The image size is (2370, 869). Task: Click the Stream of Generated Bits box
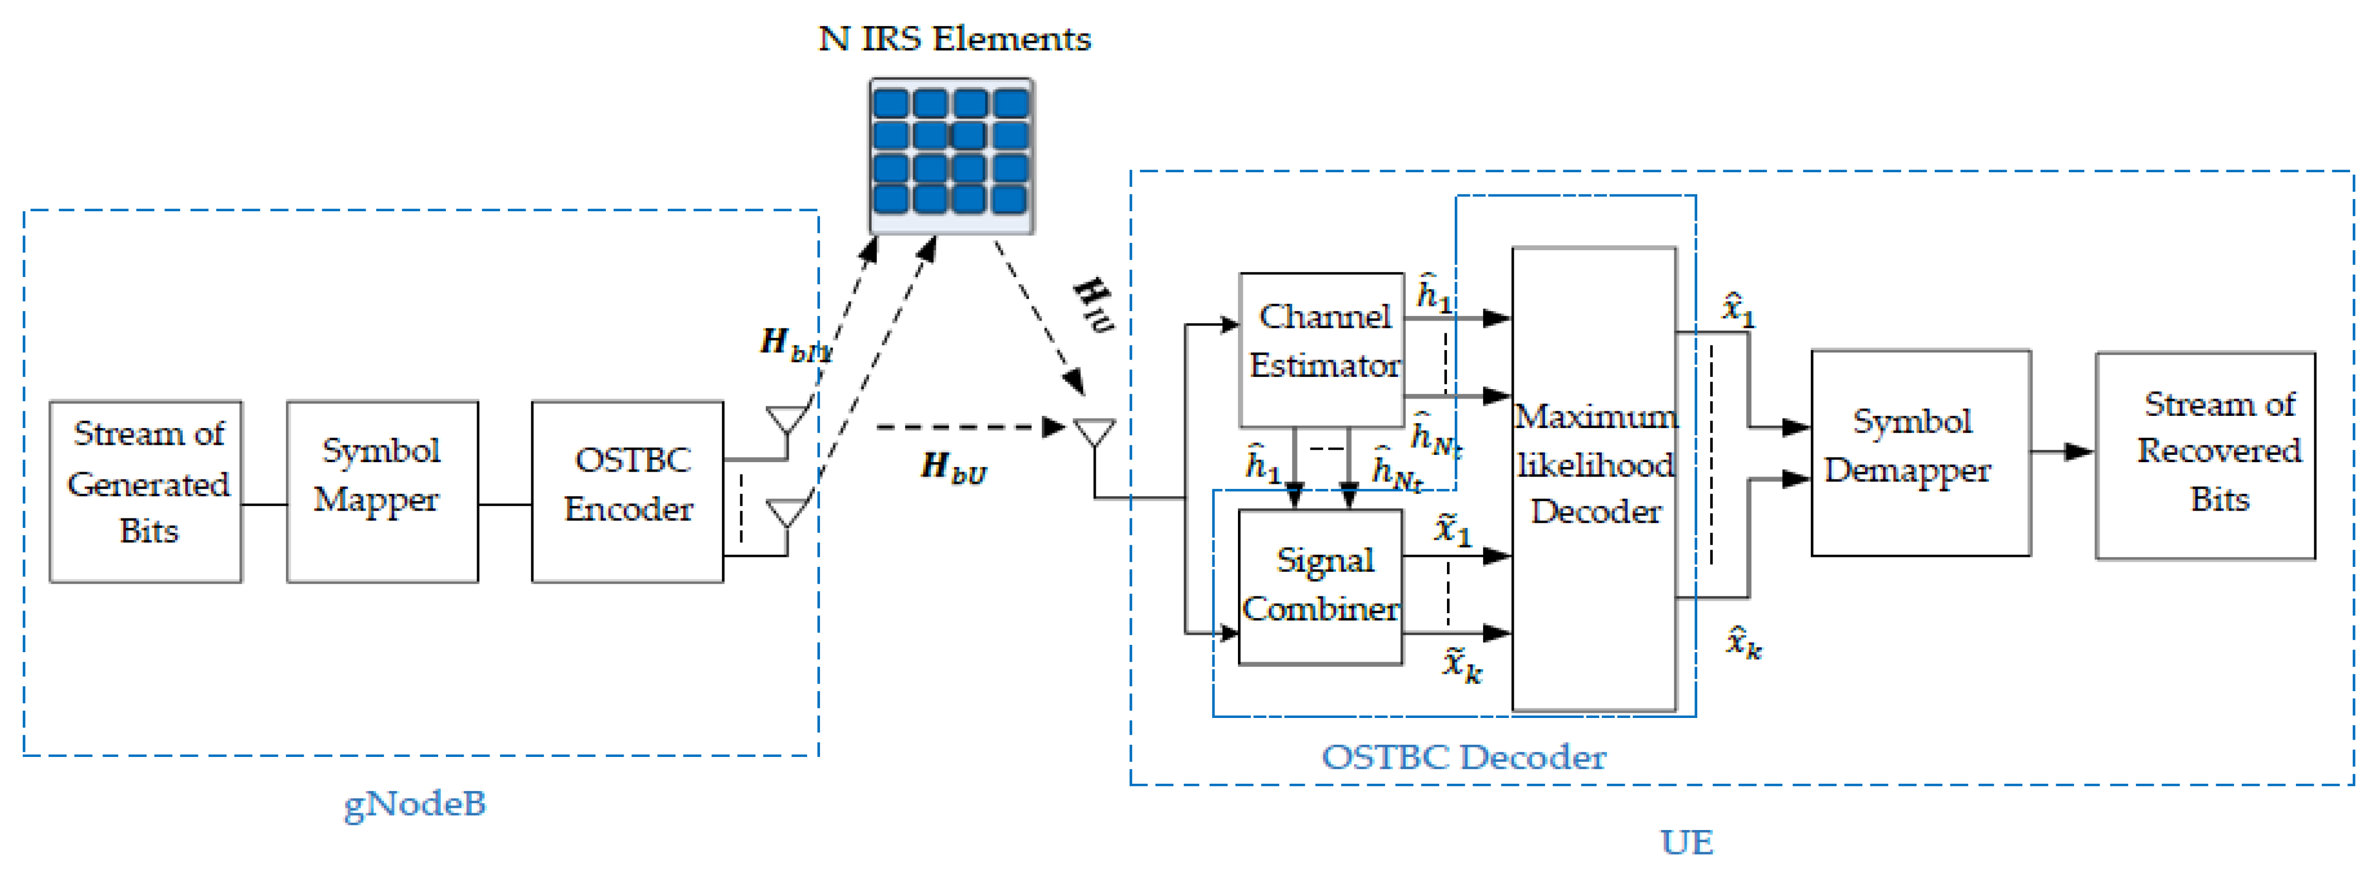click(146, 491)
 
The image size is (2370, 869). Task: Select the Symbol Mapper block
click(382, 491)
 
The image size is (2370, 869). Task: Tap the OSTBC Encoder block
click(628, 491)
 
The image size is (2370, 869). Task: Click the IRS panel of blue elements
click(951, 154)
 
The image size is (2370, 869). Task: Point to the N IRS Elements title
click(954, 38)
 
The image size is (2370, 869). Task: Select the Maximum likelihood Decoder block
click(1595, 479)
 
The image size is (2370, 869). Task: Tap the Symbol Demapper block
click(1920, 452)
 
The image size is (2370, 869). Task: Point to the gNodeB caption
click(415, 804)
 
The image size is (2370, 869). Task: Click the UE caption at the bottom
click(1687, 841)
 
